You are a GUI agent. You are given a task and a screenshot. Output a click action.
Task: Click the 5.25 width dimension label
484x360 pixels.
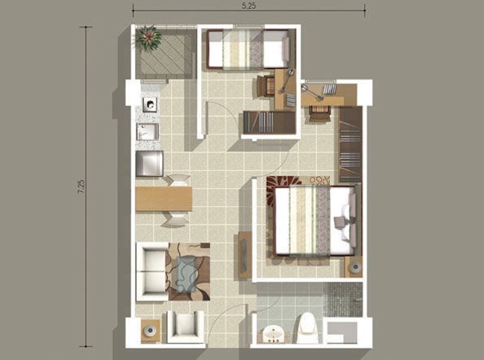(x=249, y=6)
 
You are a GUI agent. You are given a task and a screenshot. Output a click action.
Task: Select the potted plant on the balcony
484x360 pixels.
(x=148, y=36)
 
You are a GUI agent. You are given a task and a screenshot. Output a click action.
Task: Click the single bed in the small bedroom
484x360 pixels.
(x=247, y=50)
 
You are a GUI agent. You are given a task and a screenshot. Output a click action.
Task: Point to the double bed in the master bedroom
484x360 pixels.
(x=313, y=221)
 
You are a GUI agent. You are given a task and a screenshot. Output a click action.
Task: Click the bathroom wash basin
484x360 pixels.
(x=273, y=333)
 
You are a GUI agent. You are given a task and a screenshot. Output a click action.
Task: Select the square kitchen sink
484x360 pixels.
(x=148, y=132)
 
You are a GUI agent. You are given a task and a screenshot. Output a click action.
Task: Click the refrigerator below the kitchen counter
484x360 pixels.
(x=150, y=164)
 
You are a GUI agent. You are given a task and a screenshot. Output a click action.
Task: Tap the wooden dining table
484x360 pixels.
(x=163, y=199)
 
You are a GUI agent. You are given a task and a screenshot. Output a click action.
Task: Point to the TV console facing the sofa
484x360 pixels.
(x=244, y=255)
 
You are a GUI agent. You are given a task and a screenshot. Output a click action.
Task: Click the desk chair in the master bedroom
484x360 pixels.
(x=319, y=114)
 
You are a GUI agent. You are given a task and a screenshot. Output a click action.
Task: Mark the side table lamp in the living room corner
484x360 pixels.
(x=151, y=330)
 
